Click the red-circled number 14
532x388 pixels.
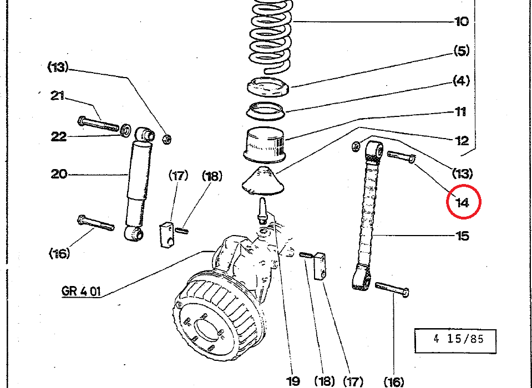pyautogui.click(x=463, y=203)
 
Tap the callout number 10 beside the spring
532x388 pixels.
pyautogui.click(x=462, y=22)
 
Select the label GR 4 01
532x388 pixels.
pyautogui.click(x=81, y=291)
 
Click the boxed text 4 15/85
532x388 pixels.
pyautogui.click(x=458, y=339)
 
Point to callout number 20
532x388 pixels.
pyautogui.click(x=59, y=174)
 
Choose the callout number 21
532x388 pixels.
pyautogui.click(x=57, y=96)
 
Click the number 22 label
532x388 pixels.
pyautogui.click(x=58, y=137)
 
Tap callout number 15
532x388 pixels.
pyautogui.click(x=463, y=236)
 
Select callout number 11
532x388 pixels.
pyautogui.click(x=460, y=111)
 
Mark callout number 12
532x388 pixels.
pyautogui.click(x=462, y=141)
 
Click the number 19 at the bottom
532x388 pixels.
pyautogui.click(x=293, y=381)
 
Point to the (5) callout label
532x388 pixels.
pyautogui.click(x=462, y=51)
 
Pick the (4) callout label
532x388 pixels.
pyautogui.click(x=462, y=81)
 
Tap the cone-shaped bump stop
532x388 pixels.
pyautogui.click(x=262, y=182)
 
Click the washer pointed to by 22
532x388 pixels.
pyautogui.click(x=126, y=130)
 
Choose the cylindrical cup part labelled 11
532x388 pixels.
pyautogui.click(x=265, y=145)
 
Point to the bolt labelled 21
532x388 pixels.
pyautogui.click(x=98, y=124)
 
